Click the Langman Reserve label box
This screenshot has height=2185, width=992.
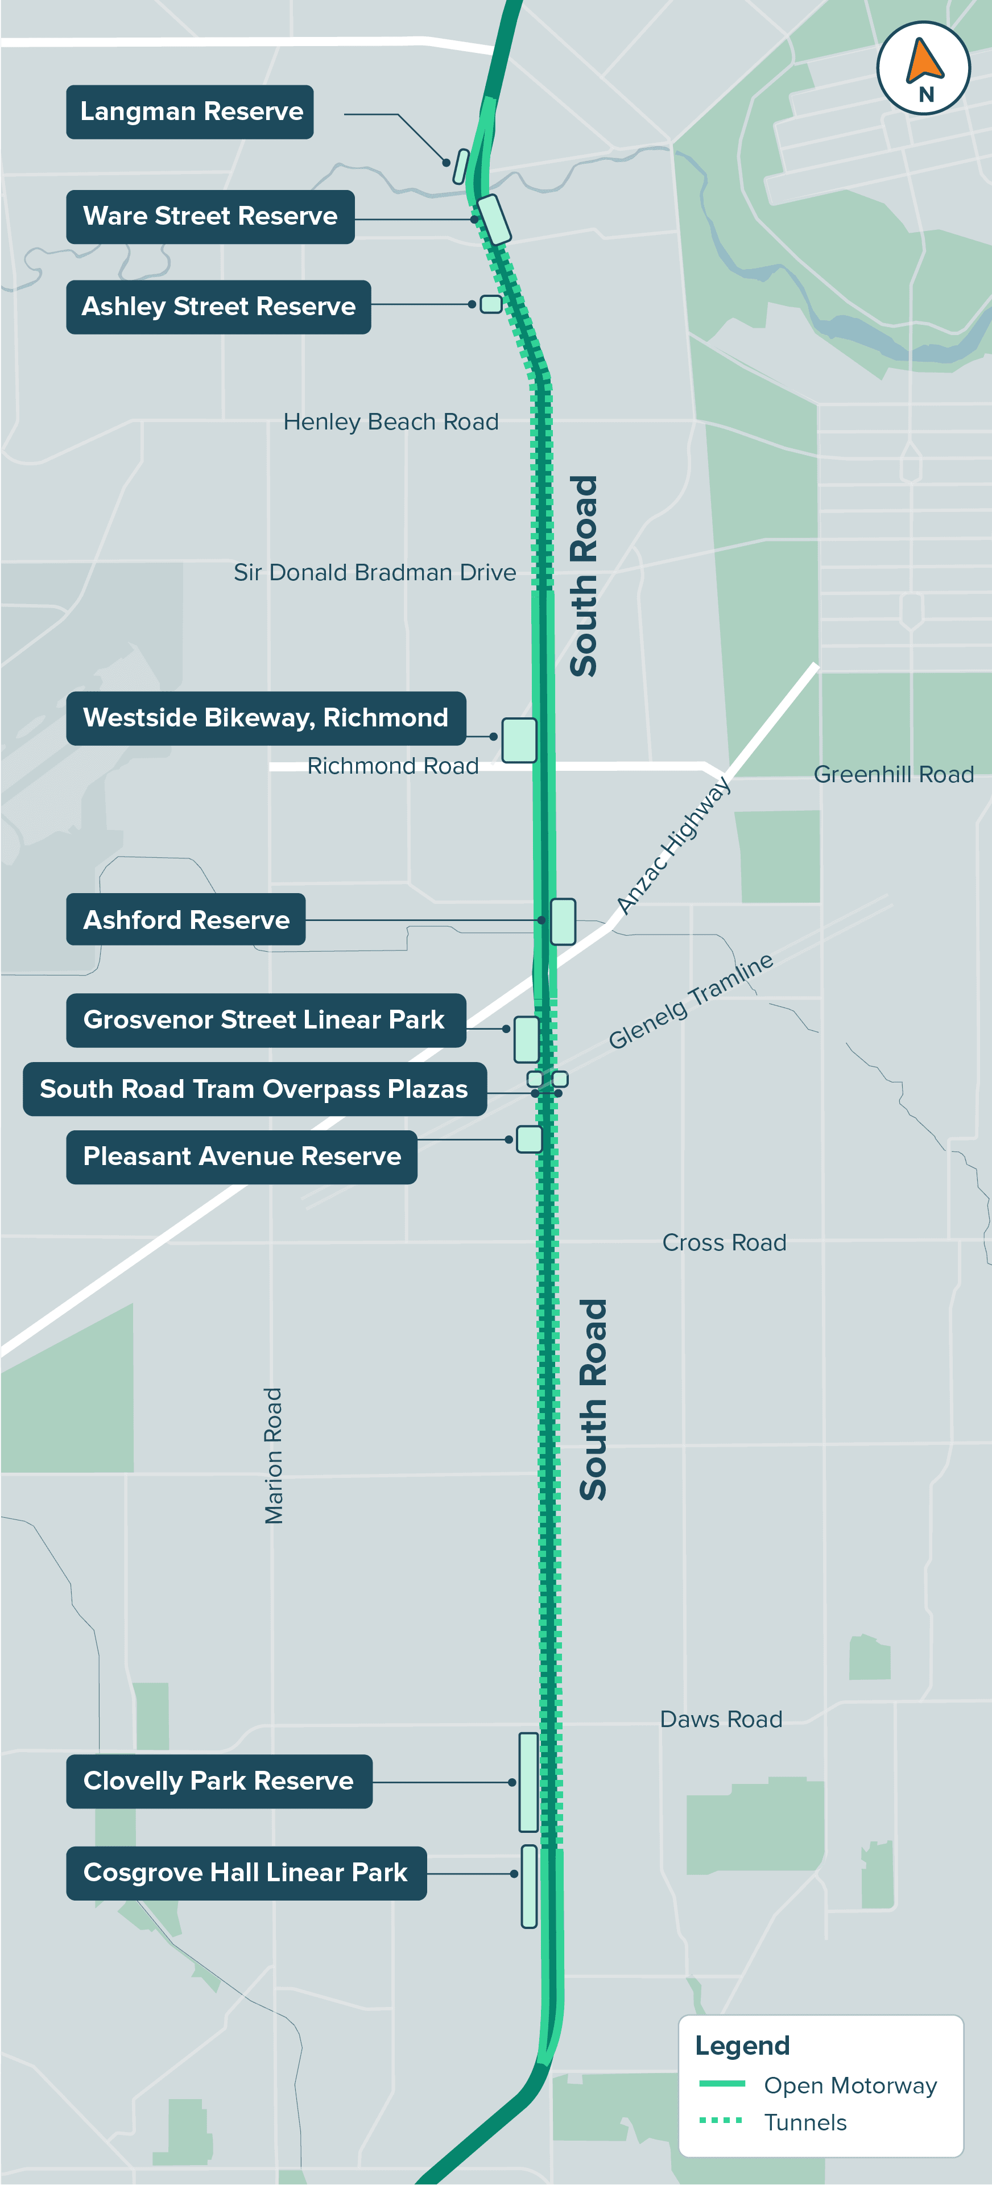click(190, 112)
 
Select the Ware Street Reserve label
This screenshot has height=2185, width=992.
click(210, 217)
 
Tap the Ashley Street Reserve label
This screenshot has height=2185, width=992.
click(218, 307)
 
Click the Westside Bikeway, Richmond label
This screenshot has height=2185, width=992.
click(266, 718)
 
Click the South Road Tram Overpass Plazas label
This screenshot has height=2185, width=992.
click(254, 1089)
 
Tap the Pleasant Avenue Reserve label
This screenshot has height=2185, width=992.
click(242, 1157)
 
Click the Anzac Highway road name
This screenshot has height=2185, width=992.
click(673, 846)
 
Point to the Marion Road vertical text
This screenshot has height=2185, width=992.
click(273, 1456)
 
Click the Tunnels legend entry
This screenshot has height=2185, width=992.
click(805, 2122)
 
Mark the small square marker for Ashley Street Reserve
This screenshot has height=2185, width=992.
click(491, 304)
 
